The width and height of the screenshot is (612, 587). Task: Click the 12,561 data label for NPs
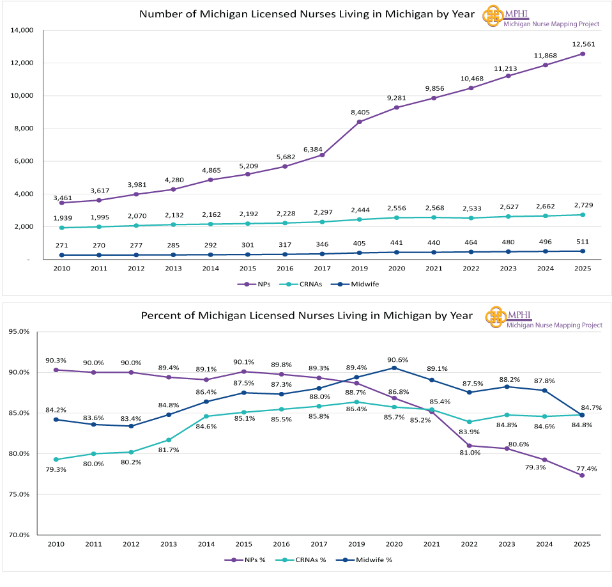pyautogui.click(x=583, y=44)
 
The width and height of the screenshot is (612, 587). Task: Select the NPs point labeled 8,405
pyautogui.click(x=359, y=122)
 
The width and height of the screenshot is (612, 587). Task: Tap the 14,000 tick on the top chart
pyautogui.click(x=22, y=30)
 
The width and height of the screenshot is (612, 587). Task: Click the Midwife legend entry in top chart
pyautogui.click(x=362, y=284)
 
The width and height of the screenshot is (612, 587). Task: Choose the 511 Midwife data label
pyautogui.click(x=583, y=241)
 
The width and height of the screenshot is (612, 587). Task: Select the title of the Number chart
pyautogui.click(x=307, y=14)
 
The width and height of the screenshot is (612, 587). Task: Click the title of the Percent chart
pyautogui.click(x=307, y=315)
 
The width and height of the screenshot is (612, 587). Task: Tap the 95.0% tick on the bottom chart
pyautogui.click(x=19, y=332)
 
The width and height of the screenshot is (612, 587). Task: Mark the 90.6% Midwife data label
pyautogui.click(x=394, y=359)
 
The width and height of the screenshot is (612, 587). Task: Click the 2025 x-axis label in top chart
pyautogui.click(x=583, y=269)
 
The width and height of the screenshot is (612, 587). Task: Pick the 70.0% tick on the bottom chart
pyautogui.click(x=19, y=535)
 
